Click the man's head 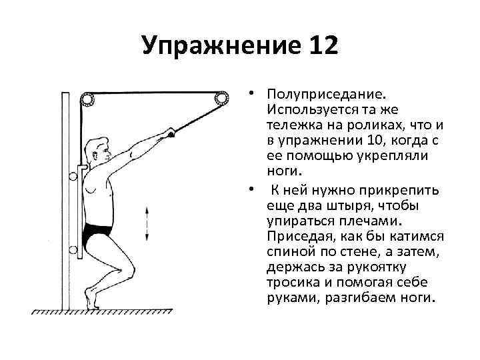point(99,149)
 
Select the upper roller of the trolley point(73,177)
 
